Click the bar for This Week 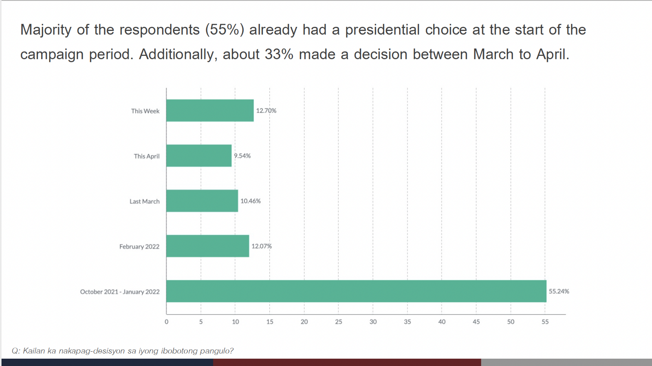point(210,110)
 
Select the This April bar point(199,156)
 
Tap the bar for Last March point(202,201)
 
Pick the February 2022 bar point(207,246)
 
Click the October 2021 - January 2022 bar point(356,291)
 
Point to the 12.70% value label point(266,111)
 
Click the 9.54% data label point(242,156)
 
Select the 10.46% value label point(250,201)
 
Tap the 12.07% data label point(261,247)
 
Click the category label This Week point(145,111)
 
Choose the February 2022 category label point(139,247)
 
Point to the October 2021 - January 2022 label point(120,292)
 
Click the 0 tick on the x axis point(166,322)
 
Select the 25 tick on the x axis point(339,322)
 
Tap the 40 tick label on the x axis point(442,322)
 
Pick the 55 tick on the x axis point(545,322)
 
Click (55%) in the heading point(225,30)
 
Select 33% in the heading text point(279,55)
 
